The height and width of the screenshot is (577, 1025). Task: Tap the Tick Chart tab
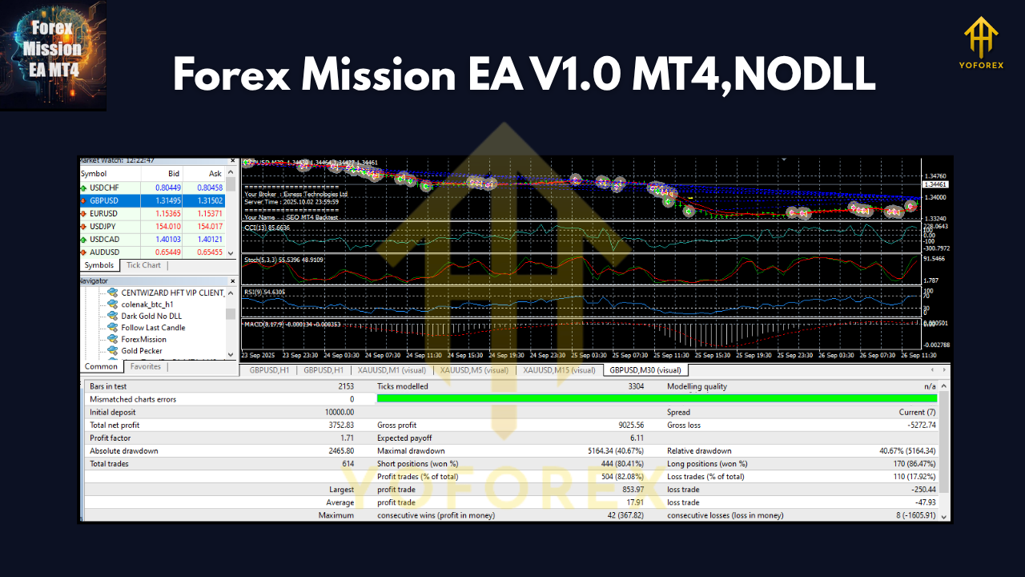coord(143,265)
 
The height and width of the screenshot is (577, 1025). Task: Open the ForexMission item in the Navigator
coord(143,339)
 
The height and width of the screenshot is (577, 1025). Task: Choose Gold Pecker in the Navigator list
coord(141,351)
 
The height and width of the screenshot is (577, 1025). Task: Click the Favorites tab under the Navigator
coord(146,367)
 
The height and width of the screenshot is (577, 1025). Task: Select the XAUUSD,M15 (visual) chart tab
coord(559,370)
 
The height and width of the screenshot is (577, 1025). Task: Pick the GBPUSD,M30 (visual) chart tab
coord(645,370)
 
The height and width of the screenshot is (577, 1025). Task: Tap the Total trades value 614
coord(347,464)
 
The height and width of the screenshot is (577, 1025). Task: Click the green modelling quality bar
coord(657,398)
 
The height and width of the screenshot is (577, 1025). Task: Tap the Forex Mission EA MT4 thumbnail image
coord(53,55)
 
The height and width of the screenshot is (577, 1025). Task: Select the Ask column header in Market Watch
coord(215,174)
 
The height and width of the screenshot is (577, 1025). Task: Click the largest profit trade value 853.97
coord(628,490)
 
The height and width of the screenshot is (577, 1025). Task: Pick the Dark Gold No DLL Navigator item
coord(151,316)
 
